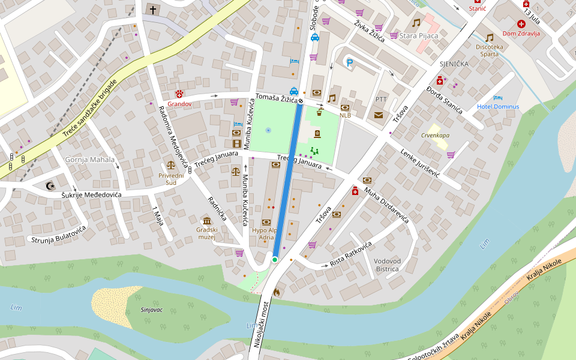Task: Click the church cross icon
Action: tap(152, 10)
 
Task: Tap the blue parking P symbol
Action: tap(349, 62)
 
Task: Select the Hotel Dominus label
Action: tap(497, 107)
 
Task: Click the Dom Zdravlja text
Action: tap(521, 34)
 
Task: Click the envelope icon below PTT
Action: tap(379, 115)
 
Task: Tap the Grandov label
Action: tap(179, 104)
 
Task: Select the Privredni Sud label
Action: tap(171, 179)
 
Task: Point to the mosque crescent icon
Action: tap(49, 185)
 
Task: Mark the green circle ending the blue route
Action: tap(274, 259)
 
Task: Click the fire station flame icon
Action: tap(276, 292)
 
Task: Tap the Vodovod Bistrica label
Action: tap(387, 265)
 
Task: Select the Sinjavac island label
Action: tap(151, 310)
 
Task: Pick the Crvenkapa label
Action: tap(435, 135)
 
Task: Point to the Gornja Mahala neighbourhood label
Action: tap(86, 160)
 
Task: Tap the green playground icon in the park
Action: tap(314, 151)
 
